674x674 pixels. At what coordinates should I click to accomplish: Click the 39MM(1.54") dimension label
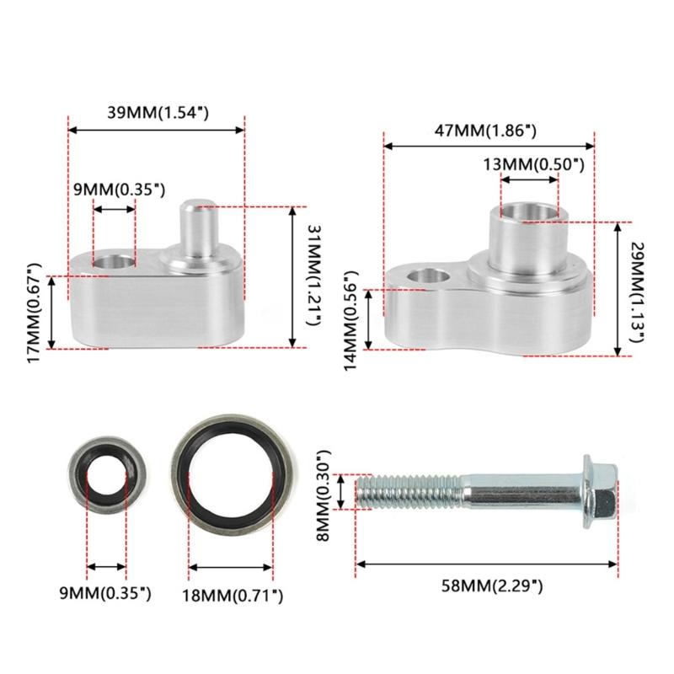(158, 113)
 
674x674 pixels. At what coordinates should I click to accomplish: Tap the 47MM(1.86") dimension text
(486, 131)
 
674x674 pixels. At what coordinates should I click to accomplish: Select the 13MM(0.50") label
(534, 164)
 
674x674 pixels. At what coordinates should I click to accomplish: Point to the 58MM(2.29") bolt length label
(492, 586)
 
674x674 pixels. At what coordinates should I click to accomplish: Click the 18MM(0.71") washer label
(233, 596)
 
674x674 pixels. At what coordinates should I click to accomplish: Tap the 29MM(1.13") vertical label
(638, 292)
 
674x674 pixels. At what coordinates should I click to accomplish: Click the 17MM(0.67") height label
(34, 313)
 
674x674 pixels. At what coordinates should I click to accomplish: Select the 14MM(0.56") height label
(350, 320)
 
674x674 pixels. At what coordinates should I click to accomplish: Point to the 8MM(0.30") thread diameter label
(324, 495)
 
